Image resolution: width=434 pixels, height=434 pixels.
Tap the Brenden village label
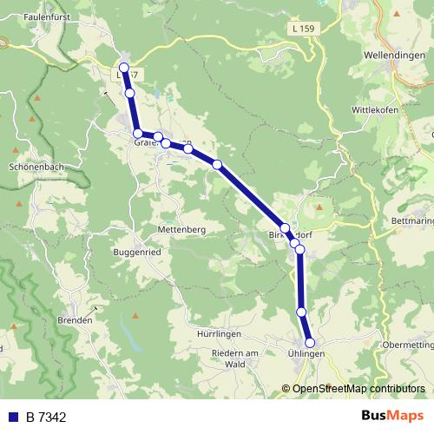click(x=75, y=320)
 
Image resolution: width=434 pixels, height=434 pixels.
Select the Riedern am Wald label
click(x=236, y=358)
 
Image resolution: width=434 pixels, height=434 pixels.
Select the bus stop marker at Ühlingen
click(x=310, y=343)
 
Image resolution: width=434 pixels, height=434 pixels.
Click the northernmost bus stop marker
click(x=124, y=67)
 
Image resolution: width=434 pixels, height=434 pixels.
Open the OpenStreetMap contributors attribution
click(x=357, y=389)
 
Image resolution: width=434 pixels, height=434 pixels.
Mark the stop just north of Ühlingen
click(x=302, y=311)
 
